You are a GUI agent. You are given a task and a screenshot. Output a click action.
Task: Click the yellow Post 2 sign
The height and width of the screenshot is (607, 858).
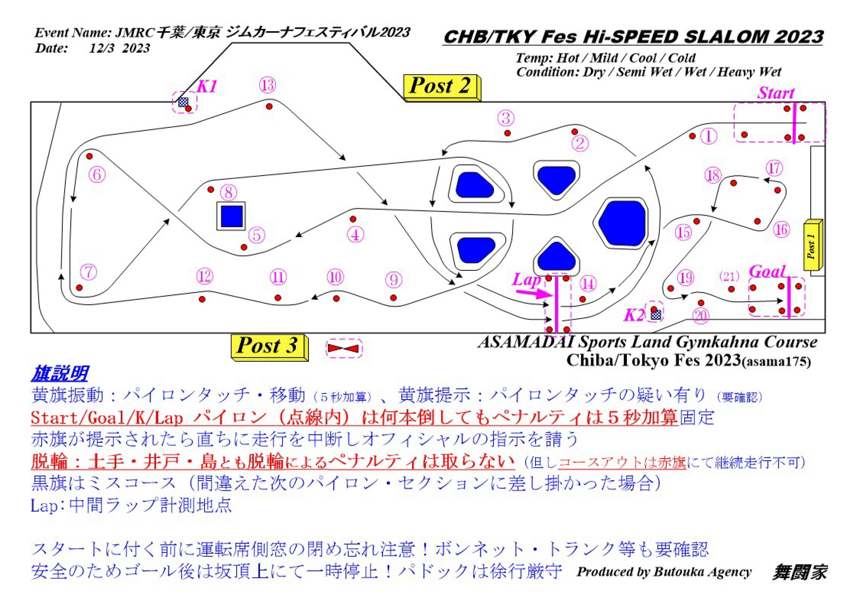(x=442, y=88)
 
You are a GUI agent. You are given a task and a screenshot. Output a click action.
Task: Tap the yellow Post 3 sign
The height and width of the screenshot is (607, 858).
(x=270, y=348)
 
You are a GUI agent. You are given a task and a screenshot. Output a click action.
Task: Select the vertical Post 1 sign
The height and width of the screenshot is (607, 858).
(x=813, y=245)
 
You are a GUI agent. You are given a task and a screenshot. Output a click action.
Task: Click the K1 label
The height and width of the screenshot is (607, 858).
(x=207, y=87)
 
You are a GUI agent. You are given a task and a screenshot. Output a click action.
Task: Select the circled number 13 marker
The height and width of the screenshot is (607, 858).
(x=268, y=85)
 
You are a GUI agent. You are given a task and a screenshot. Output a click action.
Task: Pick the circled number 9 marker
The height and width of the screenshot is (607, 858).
(x=394, y=280)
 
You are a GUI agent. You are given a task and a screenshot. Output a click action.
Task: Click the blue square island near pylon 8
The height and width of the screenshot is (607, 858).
(x=232, y=216)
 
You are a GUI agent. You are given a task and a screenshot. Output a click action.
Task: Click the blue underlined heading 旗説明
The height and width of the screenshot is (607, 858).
(x=60, y=373)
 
